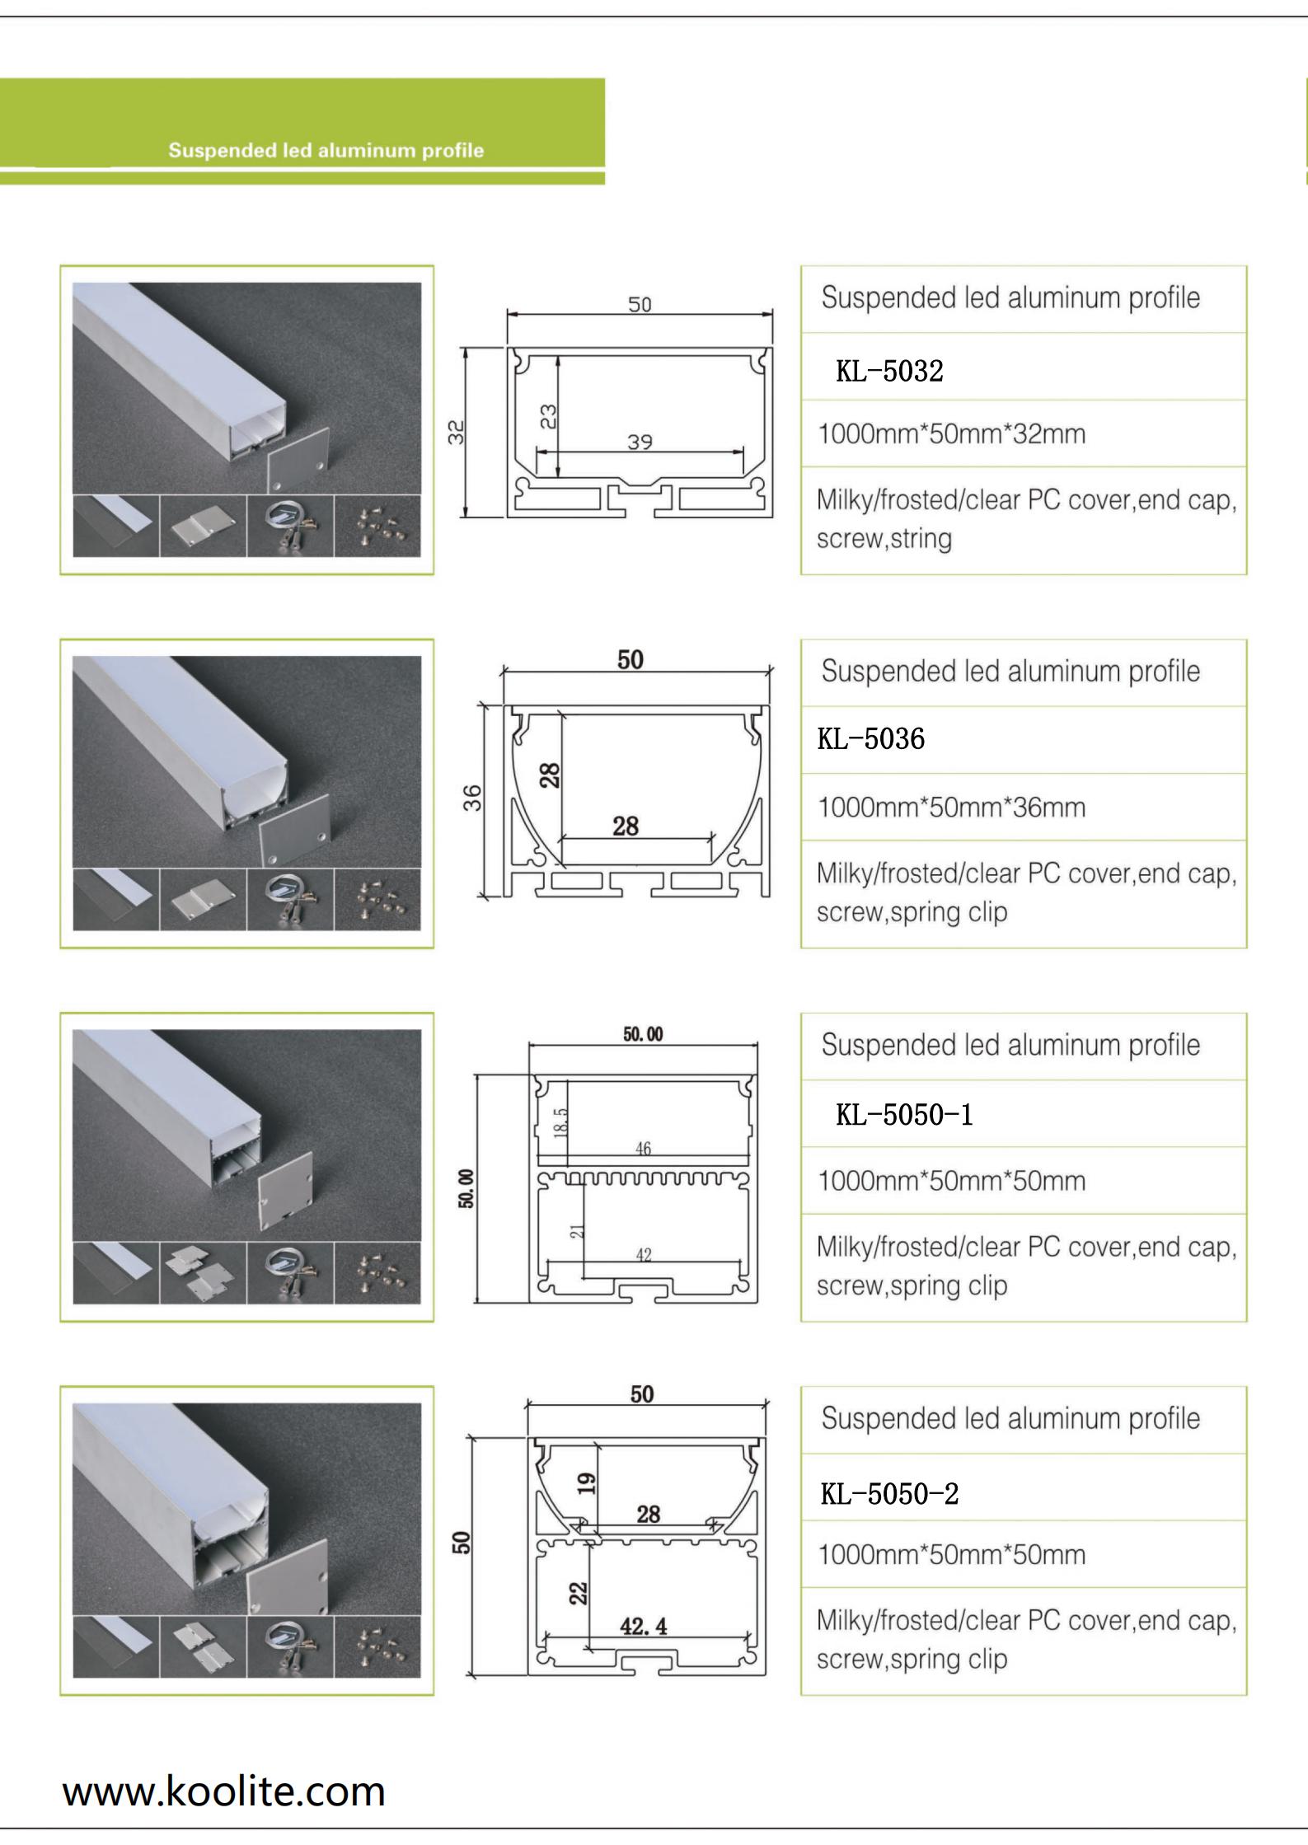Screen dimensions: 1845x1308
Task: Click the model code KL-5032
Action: coord(889,371)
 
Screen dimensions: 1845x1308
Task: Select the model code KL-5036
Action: coord(871,738)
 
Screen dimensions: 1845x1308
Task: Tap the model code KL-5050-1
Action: coord(904,1115)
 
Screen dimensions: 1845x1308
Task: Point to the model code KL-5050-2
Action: coord(889,1493)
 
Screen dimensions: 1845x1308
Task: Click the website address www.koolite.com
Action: coord(223,1791)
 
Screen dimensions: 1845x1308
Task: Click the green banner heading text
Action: coord(326,151)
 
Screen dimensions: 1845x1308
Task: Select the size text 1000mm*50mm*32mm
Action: coord(951,433)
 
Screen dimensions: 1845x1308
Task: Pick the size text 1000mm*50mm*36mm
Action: coord(951,807)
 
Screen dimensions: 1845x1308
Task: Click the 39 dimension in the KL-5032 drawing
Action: coord(640,442)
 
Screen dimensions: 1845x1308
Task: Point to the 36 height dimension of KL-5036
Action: coord(472,798)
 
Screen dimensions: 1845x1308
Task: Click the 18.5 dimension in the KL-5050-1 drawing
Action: coord(561,1122)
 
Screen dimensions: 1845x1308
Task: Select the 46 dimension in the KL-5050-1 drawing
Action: coord(644,1148)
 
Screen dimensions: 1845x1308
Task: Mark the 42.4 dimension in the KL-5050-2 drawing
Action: coord(644,1626)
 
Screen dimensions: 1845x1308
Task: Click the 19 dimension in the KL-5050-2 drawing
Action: coord(586,1483)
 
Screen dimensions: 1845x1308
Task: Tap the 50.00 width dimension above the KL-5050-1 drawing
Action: coord(643,1034)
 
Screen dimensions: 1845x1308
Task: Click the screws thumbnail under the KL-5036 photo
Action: coord(377,899)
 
